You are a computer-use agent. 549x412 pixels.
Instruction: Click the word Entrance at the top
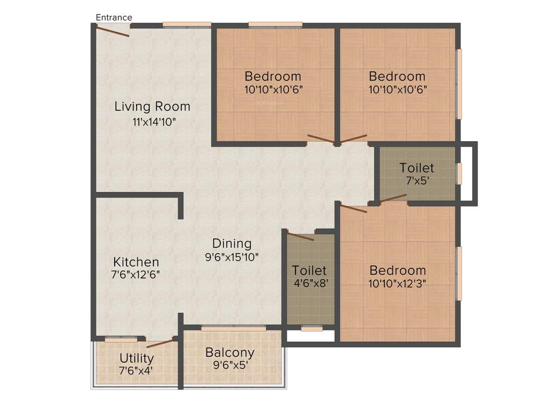114,18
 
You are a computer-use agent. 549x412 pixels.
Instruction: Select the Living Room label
152,106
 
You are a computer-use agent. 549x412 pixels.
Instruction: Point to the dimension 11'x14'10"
154,121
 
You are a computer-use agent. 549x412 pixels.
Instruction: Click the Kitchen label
136,262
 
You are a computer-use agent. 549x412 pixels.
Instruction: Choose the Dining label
232,244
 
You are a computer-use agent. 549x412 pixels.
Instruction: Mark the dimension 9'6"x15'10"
232,257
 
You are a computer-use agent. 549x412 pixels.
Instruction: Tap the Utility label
137,358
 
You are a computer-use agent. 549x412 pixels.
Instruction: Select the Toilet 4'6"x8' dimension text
309,283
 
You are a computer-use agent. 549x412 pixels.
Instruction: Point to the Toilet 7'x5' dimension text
417,181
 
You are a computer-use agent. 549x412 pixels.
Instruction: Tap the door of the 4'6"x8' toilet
301,236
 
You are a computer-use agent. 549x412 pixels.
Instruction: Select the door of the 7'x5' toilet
394,199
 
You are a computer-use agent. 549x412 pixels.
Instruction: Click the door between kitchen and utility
161,344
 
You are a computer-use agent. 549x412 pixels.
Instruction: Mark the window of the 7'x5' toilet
458,174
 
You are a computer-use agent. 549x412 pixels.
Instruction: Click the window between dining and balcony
233,328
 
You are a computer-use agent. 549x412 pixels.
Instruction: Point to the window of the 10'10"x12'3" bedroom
459,274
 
